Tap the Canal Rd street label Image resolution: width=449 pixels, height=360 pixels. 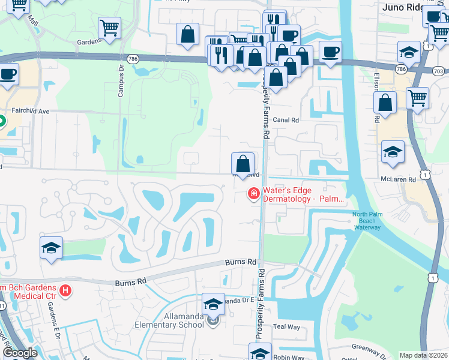tap(286, 120)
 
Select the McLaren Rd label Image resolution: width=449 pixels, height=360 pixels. tap(398, 179)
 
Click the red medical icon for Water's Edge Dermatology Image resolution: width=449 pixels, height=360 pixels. tap(253, 193)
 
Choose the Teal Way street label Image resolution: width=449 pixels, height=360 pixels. tap(286, 327)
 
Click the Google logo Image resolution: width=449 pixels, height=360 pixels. tap(20, 353)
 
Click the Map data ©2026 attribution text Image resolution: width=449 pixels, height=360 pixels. tap(423, 355)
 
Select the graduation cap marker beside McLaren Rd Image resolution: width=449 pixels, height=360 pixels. tap(393, 152)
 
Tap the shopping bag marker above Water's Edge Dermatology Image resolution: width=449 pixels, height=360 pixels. tap(243, 163)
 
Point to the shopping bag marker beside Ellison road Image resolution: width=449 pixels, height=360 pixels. tap(385, 103)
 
